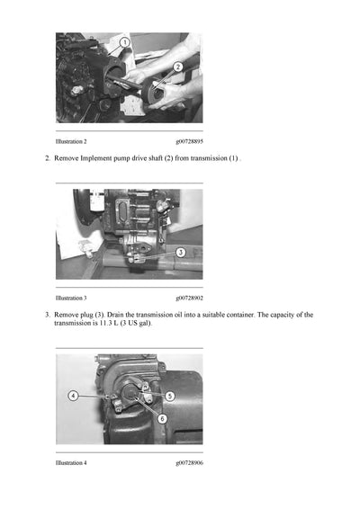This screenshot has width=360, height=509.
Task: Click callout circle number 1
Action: [124, 42]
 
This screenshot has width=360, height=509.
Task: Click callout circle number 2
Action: [178, 67]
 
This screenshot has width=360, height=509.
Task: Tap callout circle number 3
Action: [180, 254]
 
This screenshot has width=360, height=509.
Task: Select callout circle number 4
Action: [72, 396]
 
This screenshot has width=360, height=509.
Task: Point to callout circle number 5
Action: [169, 397]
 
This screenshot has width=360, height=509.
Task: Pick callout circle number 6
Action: [161, 418]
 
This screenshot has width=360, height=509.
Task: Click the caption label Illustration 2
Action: [71, 142]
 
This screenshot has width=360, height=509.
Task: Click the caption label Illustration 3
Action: [71, 298]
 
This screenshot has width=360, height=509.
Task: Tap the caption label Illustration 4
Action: [71, 462]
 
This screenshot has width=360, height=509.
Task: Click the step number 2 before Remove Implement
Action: [47, 158]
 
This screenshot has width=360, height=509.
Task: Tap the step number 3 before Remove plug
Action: [47, 315]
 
